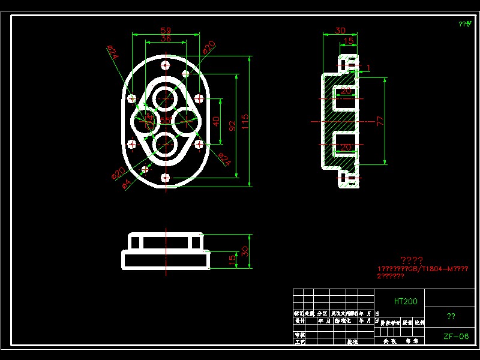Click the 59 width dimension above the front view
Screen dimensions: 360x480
(166, 30)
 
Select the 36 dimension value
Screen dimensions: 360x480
(166, 38)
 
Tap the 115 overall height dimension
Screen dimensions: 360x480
(245, 121)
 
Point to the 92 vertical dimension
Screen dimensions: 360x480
(231, 125)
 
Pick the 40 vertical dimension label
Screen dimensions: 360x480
(216, 121)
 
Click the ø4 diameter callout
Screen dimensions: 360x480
(126, 183)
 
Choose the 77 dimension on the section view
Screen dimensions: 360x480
(380, 121)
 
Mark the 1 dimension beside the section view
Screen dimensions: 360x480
(368, 67)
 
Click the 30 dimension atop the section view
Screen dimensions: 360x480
(340, 31)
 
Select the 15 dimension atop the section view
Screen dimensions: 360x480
(348, 41)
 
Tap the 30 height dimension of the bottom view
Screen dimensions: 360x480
(245, 250)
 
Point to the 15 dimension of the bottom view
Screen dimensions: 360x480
(232, 259)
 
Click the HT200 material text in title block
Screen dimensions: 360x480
(406, 301)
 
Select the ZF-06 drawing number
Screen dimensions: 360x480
(456, 337)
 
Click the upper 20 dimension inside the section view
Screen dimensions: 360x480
(346, 91)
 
